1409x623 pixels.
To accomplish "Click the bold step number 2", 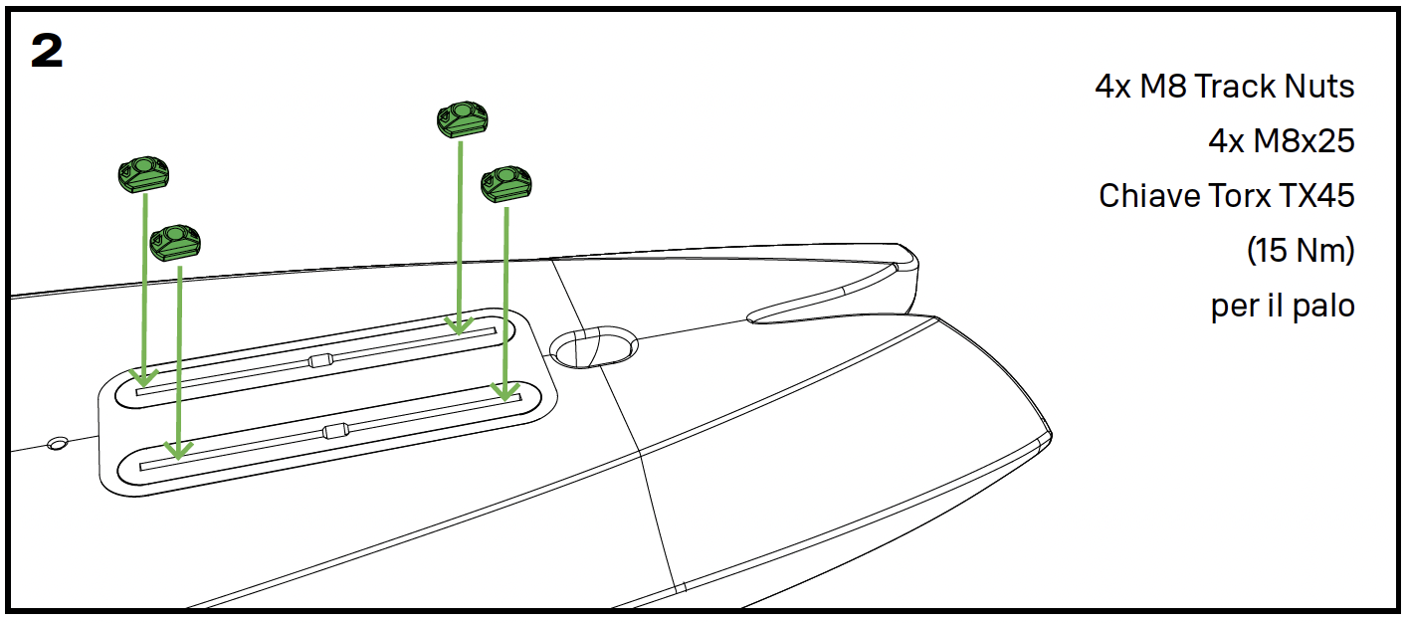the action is tap(47, 51).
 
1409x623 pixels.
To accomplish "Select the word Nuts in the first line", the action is tap(1319, 87).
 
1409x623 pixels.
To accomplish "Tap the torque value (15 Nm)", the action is tap(1301, 251).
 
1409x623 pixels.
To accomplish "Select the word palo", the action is tap(1321, 307).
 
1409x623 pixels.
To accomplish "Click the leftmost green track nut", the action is tap(143, 174).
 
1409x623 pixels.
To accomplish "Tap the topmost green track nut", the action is tap(463, 119).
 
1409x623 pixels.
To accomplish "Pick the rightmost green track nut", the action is tap(506, 184).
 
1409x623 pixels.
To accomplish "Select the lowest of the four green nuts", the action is tap(175, 242).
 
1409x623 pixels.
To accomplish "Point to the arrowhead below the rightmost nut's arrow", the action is tap(505, 391).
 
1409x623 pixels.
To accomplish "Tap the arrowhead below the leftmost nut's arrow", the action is tap(144, 378).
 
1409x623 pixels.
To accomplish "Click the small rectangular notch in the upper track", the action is tap(320, 360).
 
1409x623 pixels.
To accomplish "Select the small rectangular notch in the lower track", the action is tap(335, 431).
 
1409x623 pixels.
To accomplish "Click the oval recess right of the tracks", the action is tap(594, 346).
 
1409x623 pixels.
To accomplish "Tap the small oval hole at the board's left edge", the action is tap(58, 444).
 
